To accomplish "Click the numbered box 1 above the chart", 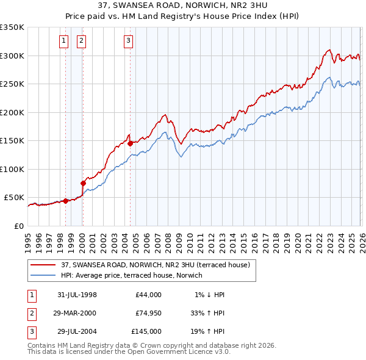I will coord(63,41).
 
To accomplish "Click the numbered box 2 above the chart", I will coord(81,41).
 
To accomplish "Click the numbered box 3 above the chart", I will coord(128,41).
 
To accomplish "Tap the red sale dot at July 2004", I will coord(130,144).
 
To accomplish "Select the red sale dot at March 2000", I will coord(84,182).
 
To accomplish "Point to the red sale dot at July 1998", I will coord(65,201).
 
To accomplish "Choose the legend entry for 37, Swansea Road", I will coord(156,265).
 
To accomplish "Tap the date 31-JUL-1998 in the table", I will coord(77,295).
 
